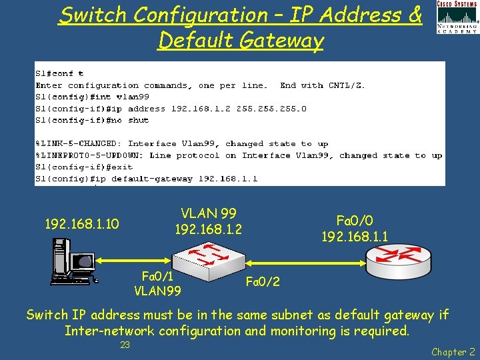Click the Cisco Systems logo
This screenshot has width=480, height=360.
tap(457, 17)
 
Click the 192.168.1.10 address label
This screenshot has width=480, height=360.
tap(81, 224)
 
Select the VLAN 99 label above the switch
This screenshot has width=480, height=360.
tap(208, 214)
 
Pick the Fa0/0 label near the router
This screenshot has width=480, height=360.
tap(354, 221)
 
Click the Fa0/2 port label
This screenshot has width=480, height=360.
tap(263, 282)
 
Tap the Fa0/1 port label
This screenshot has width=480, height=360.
tap(158, 275)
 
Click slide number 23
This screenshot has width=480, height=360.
tap(125, 345)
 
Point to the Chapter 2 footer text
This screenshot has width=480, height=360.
tap(453, 351)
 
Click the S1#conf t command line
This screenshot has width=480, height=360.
tap(59, 73)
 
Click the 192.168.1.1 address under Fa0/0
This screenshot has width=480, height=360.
tap(355, 237)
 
